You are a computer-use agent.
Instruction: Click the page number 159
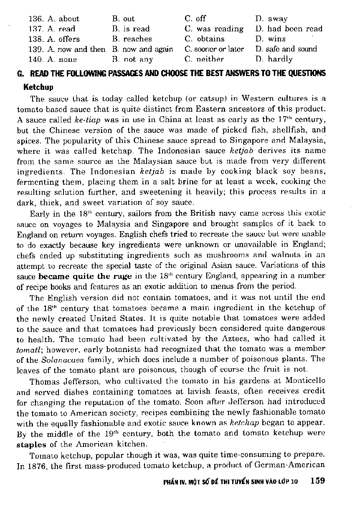tap(318, 480)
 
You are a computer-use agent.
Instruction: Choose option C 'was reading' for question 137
tap(214, 29)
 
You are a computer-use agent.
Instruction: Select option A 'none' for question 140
tap(63, 59)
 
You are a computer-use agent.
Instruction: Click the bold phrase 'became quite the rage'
tap(85, 276)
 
